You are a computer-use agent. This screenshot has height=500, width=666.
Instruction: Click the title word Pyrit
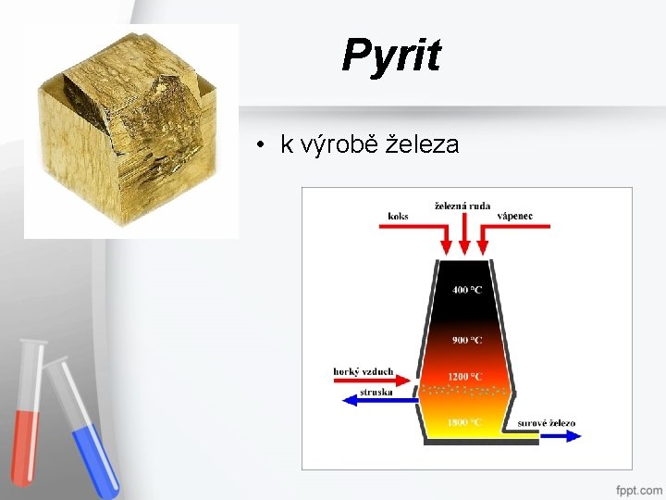[x=390, y=56]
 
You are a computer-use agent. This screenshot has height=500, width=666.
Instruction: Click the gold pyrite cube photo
[x=129, y=130]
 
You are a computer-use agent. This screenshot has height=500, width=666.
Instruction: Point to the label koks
[x=398, y=216]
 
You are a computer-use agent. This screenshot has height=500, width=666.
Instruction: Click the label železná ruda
[x=462, y=206]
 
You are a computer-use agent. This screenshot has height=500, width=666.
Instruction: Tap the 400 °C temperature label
[x=466, y=290]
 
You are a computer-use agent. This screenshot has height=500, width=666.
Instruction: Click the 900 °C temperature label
[x=466, y=340]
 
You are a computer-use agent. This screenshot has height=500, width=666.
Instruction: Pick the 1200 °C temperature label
[x=466, y=376]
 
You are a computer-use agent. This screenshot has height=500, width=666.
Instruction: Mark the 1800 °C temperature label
[x=465, y=422]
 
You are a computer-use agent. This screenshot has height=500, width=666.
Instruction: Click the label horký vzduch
[x=364, y=372]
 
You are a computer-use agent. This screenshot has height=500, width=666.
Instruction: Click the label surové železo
[x=546, y=423]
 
